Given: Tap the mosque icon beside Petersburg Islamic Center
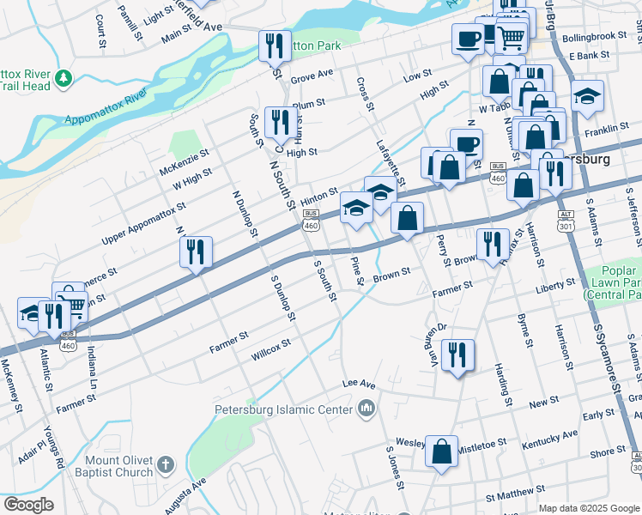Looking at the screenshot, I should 366,408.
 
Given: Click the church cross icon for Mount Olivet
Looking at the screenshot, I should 166,466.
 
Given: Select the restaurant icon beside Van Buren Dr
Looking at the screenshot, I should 458,353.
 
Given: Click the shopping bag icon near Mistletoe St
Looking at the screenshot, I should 441,451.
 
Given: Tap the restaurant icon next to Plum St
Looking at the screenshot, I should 278,123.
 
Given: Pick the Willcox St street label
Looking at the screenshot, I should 270,350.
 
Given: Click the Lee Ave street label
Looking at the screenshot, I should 359,384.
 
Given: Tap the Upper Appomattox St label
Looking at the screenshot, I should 143,222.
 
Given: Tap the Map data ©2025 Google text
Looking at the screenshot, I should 589,508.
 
